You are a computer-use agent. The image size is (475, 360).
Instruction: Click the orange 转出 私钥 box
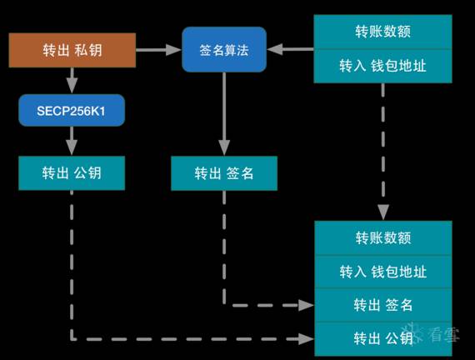72,50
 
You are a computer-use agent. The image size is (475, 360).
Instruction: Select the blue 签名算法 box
224,50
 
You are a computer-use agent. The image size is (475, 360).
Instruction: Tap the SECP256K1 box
72,110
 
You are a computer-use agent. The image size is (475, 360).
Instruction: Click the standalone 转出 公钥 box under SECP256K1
72,173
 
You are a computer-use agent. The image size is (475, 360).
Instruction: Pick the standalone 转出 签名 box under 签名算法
224,173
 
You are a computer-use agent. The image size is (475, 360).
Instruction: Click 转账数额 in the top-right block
382,32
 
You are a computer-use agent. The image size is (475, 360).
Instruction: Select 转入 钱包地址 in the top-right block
382,66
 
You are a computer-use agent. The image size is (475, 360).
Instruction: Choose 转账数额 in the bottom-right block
383,238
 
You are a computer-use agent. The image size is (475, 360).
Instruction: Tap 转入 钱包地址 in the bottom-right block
383,272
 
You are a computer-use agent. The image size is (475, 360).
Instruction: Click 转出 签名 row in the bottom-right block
383,305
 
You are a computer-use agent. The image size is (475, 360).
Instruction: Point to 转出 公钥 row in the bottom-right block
383,338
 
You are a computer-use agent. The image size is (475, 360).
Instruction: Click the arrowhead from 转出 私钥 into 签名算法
174,50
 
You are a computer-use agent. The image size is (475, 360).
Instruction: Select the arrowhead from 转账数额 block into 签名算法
274,49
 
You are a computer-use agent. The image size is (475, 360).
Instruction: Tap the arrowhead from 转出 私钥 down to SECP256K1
72,87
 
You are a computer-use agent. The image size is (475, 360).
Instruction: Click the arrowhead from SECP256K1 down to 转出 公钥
72,148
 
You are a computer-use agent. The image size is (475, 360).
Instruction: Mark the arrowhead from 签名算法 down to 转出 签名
224,148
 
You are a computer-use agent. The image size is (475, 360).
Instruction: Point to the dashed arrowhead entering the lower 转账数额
383,212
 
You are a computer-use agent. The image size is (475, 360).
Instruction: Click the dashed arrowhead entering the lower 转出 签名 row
307,305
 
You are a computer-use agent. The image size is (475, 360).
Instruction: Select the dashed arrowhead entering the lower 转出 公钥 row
307,339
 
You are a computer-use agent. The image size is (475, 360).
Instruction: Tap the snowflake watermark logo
412,333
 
